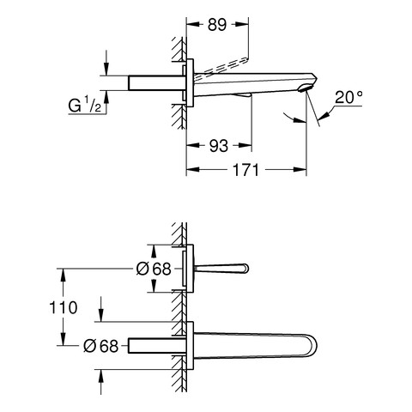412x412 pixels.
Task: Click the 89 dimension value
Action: click(217, 25)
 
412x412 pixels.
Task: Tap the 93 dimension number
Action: click(219, 146)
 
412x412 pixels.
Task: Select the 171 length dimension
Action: click(246, 170)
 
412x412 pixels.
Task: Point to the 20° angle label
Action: click(348, 97)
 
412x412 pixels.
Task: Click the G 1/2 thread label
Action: click(84, 106)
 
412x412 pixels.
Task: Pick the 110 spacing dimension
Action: click(64, 307)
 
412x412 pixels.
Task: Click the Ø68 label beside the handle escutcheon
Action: click(154, 269)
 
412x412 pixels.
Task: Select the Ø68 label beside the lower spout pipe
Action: click(100, 346)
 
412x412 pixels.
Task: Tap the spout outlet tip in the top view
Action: click(306, 88)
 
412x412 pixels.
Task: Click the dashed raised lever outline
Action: click(221, 66)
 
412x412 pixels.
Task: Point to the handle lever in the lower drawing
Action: click(221, 269)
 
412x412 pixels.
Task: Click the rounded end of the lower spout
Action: click(312, 346)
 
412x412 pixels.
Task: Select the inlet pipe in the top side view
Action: click(156, 83)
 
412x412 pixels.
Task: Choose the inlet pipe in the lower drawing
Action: click(157, 345)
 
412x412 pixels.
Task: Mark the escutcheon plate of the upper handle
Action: click(188, 269)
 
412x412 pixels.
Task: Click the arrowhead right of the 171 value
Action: click(300, 169)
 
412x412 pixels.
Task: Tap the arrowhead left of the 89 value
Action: click(193, 25)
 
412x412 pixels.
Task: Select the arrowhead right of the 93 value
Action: click(245, 145)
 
